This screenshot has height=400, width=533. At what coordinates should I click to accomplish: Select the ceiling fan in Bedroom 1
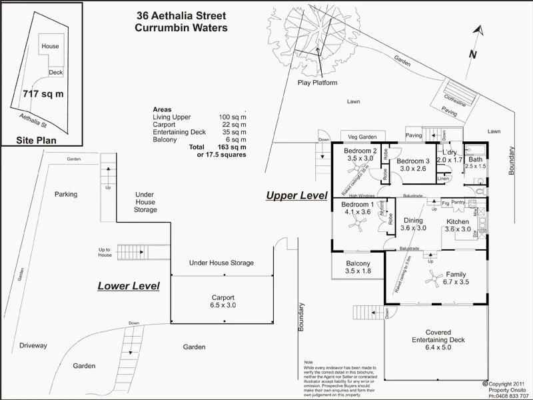358,227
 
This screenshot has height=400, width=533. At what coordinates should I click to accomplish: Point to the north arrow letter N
472,54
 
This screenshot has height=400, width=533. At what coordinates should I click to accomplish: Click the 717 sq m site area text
43,93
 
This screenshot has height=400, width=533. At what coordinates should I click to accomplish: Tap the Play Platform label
316,83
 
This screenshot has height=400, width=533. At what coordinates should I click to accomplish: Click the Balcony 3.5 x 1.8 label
358,267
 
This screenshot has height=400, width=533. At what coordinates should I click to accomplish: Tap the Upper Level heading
296,196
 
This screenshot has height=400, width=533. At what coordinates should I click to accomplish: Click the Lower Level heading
129,286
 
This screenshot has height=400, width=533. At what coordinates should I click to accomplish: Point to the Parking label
66,195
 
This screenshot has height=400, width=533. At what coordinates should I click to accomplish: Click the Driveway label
33,346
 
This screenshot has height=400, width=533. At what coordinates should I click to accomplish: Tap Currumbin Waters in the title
181,27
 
